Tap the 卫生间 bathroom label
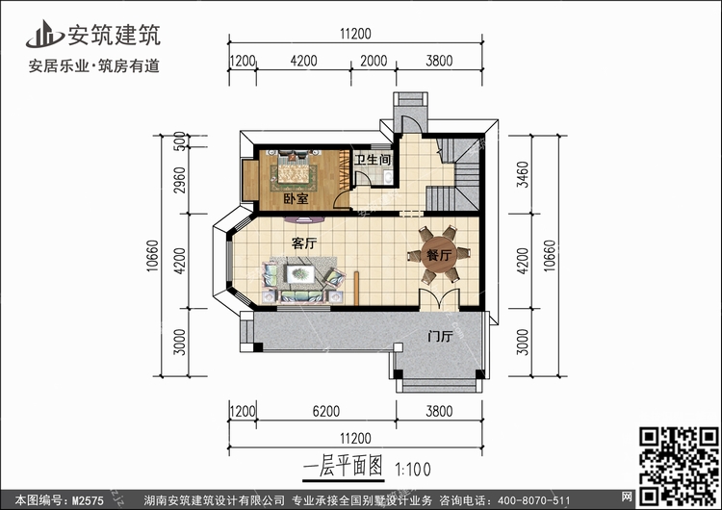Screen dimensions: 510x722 click(x=374, y=160)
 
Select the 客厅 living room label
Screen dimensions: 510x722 click(x=305, y=243)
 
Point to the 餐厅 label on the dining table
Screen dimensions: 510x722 click(x=440, y=256)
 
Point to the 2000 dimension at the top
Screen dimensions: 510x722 click(x=375, y=61)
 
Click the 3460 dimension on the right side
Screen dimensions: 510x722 click(x=523, y=174)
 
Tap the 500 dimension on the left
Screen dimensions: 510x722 click(x=180, y=140)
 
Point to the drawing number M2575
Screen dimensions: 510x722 click(x=89, y=500)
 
